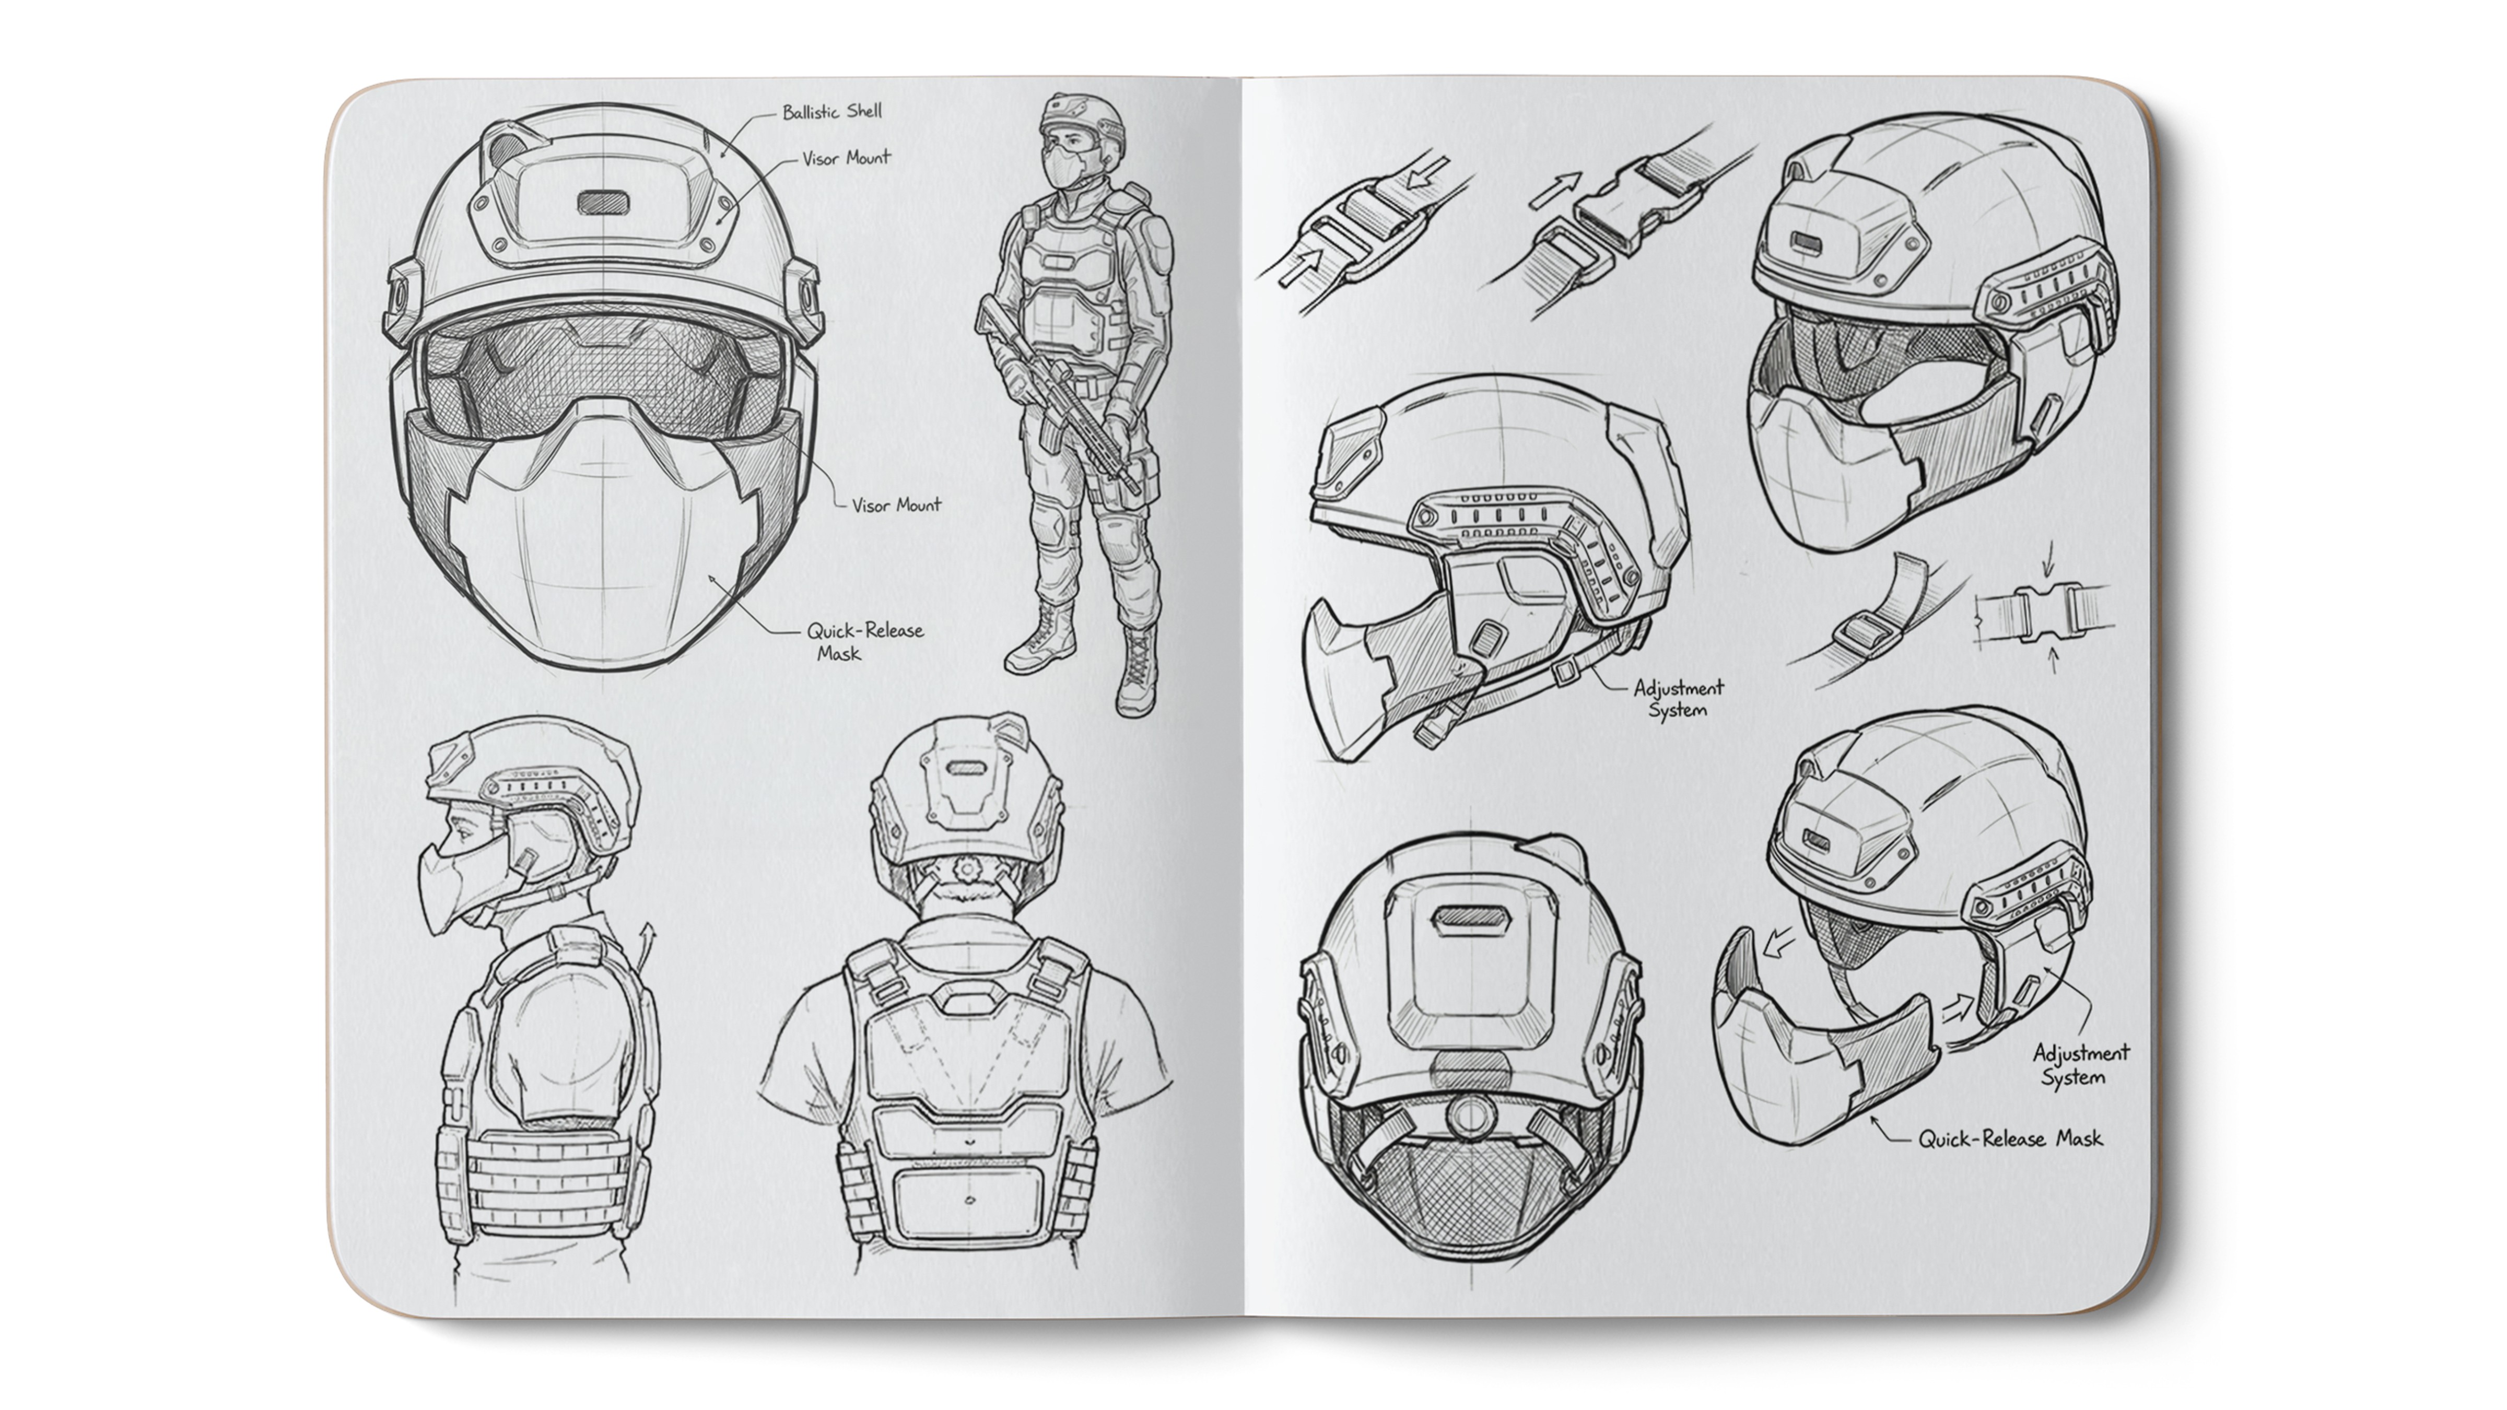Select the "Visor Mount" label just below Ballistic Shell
pos(846,158)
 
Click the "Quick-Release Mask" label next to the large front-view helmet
pos(864,641)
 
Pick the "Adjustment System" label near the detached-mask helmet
pos(2080,1065)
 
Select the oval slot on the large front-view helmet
pos(603,203)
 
